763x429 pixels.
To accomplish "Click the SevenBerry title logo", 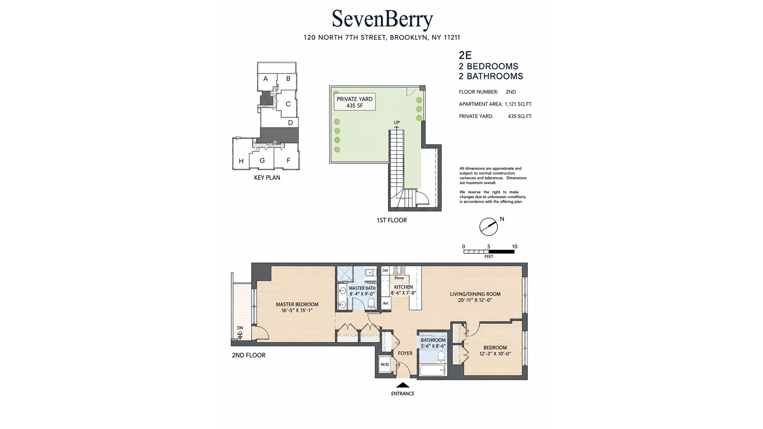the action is click(x=382, y=19).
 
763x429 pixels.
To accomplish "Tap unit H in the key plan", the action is click(x=241, y=161).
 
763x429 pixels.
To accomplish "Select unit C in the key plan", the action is click(x=288, y=104).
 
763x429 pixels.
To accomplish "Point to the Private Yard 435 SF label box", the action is click(x=354, y=102).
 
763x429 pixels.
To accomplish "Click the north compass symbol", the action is click(x=489, y=227).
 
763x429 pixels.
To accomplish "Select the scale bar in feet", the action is click(x=489, y=251).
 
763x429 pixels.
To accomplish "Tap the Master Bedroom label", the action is click(x=297, y=307).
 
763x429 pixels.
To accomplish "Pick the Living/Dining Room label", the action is click(x=475, y=297).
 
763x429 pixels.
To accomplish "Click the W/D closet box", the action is click(x=385, y=364).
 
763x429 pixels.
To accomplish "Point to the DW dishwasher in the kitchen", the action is click(x=385, y=271).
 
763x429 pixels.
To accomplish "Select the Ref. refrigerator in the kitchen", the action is click(x=385, y=303).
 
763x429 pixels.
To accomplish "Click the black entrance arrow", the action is click(x=403, y=385).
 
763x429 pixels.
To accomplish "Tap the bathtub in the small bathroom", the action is click(x=433, y=371).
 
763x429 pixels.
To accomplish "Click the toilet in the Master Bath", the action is click(x=371, y=303).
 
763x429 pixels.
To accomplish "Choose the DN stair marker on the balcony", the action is click(x=240, y=333).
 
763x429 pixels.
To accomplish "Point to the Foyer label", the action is click(x=405, y=353).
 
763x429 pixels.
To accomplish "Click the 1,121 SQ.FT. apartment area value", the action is click(x=518, y=104).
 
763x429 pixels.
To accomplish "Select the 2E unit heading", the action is click(x=465, y=55).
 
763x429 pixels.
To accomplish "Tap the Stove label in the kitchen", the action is click(x=399, y=278).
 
